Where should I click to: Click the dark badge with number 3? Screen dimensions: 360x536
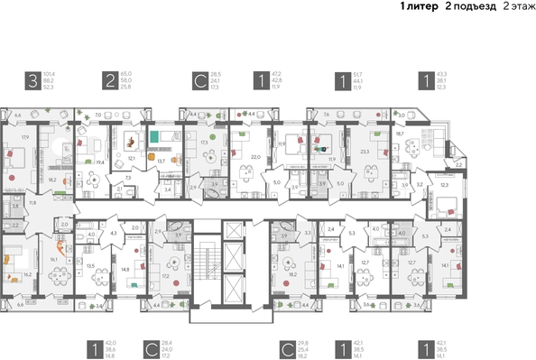(x=32, y=82)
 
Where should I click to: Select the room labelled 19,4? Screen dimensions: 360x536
(x=100, y=162)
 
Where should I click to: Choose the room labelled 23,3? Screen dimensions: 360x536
(x=364, y=152)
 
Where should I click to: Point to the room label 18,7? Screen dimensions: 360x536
(x=399, y=132)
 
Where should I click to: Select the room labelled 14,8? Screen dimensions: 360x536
(x=125, y=268)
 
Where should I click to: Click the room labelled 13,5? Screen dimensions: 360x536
(x=90, y=265)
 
